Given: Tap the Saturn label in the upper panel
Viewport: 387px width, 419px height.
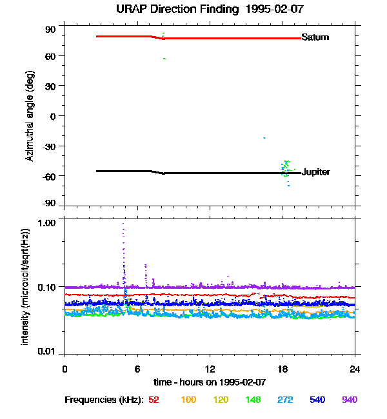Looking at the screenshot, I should pos(315,37).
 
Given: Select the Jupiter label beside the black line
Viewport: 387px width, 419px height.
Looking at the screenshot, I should pos(316,172).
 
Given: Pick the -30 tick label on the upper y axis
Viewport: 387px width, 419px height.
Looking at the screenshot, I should pos(49,146).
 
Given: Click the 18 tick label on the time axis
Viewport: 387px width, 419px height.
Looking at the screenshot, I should pos(282,369).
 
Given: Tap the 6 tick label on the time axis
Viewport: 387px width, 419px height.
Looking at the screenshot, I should pos(137,369).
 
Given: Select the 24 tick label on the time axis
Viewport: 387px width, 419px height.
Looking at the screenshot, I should pos(355,369).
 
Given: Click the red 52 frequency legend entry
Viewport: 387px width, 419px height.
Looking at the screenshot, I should pos(154,400).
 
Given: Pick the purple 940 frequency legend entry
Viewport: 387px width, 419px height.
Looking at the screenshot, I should pos(349,400).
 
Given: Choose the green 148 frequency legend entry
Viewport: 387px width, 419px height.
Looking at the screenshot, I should pos(252,400).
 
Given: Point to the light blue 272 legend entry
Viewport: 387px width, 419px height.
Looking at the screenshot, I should pos(284,400).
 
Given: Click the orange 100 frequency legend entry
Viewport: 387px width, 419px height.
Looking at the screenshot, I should pos(188,400).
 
